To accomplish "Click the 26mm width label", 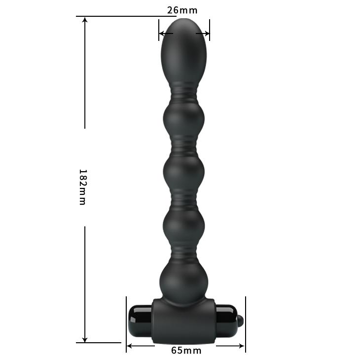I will [183, 10].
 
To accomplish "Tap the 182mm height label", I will [82, 187].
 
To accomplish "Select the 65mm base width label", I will [186, 351].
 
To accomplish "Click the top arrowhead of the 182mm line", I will [85, 20].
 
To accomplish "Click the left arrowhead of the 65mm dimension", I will [130, 346].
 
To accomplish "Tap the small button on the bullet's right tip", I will [240, 322].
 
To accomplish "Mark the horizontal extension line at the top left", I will [123, 16].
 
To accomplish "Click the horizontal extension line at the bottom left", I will [99, 342].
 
